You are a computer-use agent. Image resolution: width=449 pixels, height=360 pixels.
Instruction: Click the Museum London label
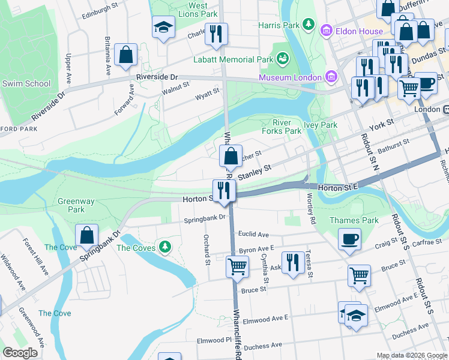(291, 77)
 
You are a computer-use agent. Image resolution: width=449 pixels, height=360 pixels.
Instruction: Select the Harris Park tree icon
(308, 24)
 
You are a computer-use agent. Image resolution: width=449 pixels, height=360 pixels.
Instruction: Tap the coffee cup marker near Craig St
(349, 239)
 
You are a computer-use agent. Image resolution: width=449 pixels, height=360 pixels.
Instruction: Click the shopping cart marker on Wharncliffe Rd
(237, 266)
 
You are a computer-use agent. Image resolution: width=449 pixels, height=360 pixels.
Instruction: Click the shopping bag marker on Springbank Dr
(87, 236)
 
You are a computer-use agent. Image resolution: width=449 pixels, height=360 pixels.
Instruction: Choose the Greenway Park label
(76, 206)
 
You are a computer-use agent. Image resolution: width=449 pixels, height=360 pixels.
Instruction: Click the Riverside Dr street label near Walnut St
(157, 77)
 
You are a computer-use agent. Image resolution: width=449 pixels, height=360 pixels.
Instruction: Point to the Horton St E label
(337, 187)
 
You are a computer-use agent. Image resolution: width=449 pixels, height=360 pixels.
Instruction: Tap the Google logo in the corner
(20, 353)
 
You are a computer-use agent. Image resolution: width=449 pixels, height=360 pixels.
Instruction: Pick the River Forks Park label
(282, 127)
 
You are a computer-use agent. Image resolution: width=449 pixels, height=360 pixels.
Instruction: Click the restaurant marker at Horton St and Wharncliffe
(224, 191)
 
